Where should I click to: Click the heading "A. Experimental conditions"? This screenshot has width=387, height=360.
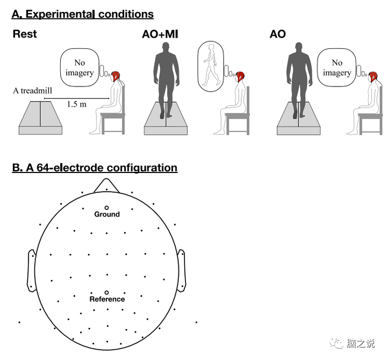pos(83,15)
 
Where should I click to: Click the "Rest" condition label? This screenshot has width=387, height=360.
pos(25,34)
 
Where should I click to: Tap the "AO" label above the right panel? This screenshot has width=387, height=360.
pos(278,34)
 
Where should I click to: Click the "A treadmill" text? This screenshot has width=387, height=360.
pos(33,91)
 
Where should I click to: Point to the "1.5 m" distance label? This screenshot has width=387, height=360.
pos(76,104)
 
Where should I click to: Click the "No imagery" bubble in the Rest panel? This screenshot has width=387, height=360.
pos(80,68)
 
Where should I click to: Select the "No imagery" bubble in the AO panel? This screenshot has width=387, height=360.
pos(336,68)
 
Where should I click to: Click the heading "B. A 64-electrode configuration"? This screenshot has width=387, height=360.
pos(95,168)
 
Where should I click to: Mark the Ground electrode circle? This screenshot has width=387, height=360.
pos(106,207)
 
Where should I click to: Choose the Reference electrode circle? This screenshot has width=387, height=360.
pos(106,292)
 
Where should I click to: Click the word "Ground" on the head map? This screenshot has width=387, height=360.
pos(107,214)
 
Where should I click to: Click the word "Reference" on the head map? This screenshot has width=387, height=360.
pos(107,299)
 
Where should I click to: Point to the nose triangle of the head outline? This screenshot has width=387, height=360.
pos(106,185)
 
